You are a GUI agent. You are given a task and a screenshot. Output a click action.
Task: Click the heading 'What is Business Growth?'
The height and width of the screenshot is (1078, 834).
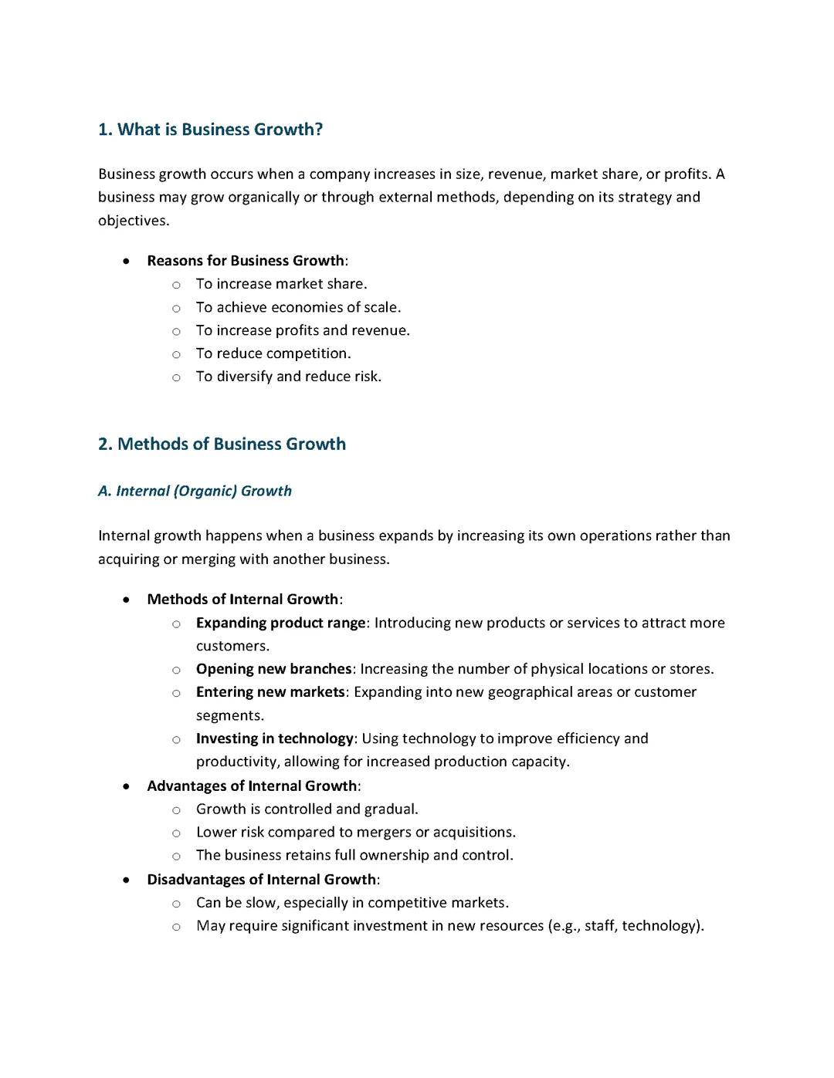click(x=219, y=130)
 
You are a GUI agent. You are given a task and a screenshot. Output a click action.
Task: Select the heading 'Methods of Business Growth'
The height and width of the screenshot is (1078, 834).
click(x=231, y=444)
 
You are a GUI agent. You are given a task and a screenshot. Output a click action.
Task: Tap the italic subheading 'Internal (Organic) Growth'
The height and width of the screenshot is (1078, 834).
click(x=204, y=492)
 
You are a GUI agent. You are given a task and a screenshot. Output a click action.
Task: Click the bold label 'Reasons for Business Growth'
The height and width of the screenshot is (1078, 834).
click(x=246, y=261)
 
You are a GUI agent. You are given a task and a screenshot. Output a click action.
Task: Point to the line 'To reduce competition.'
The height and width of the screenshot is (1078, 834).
click(x=273, y=353)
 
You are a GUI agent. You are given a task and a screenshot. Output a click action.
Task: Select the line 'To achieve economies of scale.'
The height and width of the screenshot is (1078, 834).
click(x=298, y=307)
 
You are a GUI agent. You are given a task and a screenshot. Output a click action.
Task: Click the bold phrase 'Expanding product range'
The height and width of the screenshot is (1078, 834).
click(x=280, y=623)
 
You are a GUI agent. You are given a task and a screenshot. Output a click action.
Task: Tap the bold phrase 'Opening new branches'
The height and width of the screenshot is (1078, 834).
click(x=273, y=669)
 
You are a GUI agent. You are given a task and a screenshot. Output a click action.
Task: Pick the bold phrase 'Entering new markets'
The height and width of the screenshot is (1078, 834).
click(x=270, y=692)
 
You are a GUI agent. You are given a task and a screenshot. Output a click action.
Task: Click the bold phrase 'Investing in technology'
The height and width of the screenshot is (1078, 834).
click(x=274, y=738)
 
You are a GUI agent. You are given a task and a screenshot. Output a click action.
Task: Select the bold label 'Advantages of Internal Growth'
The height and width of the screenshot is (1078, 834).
click(x=252, y=786)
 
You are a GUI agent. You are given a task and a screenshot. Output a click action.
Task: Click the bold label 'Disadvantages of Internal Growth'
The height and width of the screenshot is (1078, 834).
click(x=261, y=880)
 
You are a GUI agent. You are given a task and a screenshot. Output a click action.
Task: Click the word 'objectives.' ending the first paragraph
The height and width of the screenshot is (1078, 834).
click(x=134, y=221)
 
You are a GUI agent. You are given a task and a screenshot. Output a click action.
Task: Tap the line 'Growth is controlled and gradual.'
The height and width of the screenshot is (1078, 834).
click(x=307, y=809)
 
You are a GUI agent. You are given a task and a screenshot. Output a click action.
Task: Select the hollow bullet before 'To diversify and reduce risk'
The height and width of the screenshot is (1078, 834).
click(x=176, y=378)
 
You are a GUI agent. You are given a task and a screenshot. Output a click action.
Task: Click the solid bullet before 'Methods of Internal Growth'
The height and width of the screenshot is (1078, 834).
click(x=126, y=600)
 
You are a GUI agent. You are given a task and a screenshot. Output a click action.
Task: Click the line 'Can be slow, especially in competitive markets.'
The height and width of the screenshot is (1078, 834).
click(x=352, y=903)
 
